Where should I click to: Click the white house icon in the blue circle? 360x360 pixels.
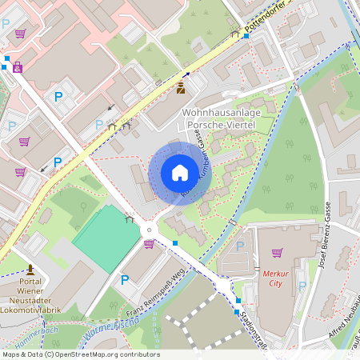pyautogui.click(x=180, y=172)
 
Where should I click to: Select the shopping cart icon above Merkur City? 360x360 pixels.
pyautogui.click(x=277, y=253)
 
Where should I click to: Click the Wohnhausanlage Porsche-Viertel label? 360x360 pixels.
pyautogui.click(x=219, y=119)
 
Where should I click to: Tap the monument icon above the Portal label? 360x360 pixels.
pyautogui.click(x=30, y=269)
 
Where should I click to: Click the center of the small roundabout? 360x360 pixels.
pyautogui.click(x=148, y=230)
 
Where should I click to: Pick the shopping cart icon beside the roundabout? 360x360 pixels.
pyautogui.click(x=149, y=243)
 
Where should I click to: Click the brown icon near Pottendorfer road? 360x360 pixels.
pyautogui.click(x=182, y=86)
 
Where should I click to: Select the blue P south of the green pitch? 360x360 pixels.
pyautogui.click(x=124, y=280)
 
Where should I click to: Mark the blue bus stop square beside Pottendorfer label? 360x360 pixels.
pyautogui.click(x=246, y=36)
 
